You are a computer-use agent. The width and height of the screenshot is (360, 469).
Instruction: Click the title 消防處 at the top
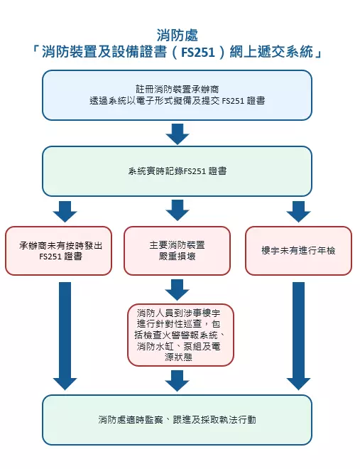[x=178, y=36]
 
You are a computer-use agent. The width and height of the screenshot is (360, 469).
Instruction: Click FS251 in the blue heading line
[x=198, y=53]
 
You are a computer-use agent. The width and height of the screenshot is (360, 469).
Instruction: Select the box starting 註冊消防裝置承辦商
[x=178, y=95]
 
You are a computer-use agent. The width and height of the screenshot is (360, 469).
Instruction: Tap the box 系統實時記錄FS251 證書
[x=178, y=171]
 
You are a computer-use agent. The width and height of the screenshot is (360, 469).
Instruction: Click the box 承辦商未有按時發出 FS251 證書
[x=58, y=251]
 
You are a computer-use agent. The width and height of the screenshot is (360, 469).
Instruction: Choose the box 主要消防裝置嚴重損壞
[x=178, y=251]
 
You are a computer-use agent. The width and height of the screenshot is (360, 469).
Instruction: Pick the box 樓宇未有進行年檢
[x=298, y=251]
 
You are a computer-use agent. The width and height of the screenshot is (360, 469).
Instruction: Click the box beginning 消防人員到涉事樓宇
[x=180, y=335]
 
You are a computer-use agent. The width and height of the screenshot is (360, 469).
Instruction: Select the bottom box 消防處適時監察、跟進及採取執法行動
[x=178, y=420]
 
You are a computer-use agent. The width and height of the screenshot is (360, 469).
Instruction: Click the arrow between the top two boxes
[x=178, y=134]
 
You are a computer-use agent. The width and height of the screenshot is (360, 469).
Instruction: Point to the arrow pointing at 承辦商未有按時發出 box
[x=65, y=212]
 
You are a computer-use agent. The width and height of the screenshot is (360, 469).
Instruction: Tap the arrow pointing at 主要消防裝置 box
[x=178, y=210]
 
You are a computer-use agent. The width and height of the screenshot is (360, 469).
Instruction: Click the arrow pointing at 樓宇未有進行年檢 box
[x=298, y=212]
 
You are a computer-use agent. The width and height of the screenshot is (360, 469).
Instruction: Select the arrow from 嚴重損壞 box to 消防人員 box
[x=178, y=290]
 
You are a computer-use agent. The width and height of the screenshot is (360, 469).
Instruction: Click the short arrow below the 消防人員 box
[x=178, y=381]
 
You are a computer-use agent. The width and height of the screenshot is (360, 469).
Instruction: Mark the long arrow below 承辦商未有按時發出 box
[x=65, y=336]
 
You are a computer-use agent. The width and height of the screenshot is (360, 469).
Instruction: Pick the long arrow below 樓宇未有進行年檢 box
[x=298, y=336]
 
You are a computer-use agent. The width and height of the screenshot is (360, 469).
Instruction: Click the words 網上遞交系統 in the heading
[x=271, y=53]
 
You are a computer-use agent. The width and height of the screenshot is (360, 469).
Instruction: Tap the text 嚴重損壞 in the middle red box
[x=178, y=257]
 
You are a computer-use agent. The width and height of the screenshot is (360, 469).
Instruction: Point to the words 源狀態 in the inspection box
[x=178, y=357]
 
